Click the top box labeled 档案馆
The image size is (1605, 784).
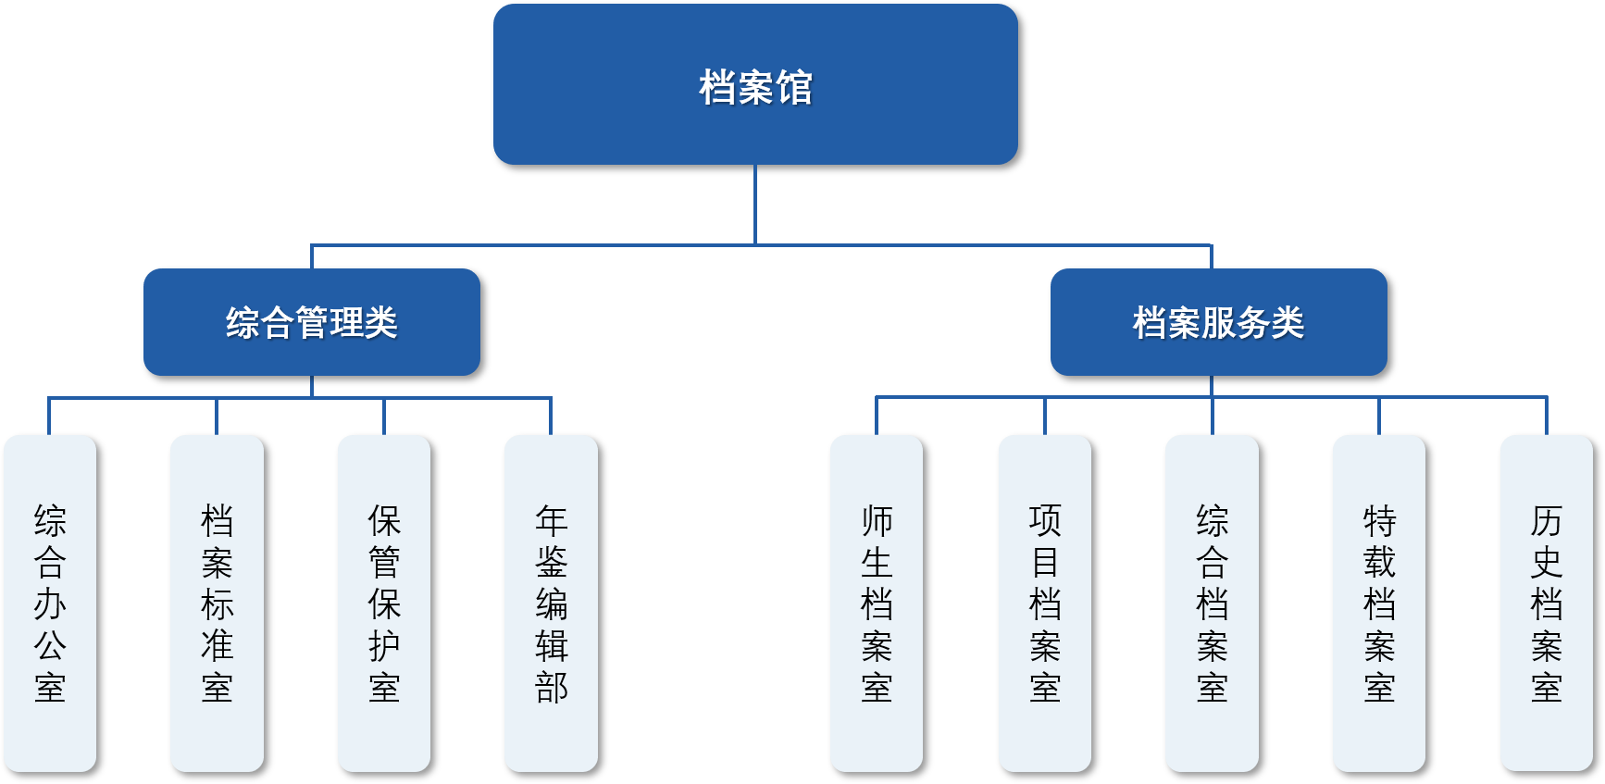(x=755, y=84)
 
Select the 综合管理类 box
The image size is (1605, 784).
(x=312, y=322)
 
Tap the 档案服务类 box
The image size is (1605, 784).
(x=1218, y=322)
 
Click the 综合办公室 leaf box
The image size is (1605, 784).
(x=50, y=604)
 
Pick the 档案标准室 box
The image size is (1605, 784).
(x=217, y=604)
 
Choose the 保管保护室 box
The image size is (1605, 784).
(x=384, y=604)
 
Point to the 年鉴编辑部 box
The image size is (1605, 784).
(x=551, y=604)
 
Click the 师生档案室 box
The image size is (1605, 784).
(x=877, y=604)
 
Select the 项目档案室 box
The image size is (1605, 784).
(x=1045, y=604)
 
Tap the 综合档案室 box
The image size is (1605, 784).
(x=1212, y=604)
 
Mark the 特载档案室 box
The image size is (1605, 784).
(x=1379, y=604)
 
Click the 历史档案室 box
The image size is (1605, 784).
(x=1547, y=604)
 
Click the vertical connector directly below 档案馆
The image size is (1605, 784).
(x=755, y=204)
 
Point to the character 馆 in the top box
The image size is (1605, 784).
(x=794, y=88)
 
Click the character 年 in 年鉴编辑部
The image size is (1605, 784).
(x=551, y=520)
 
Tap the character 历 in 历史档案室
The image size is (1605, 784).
(x=1547, y=520)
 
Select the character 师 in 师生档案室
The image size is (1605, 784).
(x=877, y=520)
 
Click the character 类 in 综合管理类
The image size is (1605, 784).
(x=380, y=323)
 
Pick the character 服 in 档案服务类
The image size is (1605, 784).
(x=1218, y=323)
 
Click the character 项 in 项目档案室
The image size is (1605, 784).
(x=1045, y=520)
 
